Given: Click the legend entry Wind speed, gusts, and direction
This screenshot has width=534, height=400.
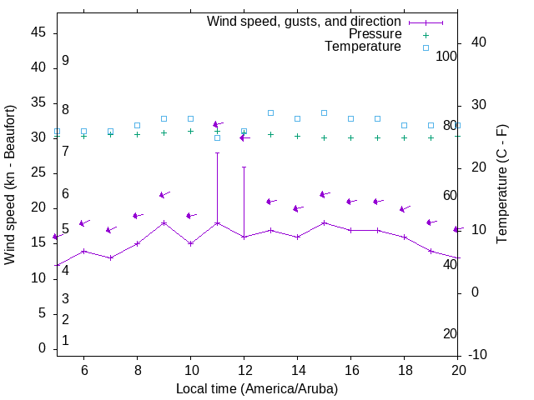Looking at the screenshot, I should tap(304, 22).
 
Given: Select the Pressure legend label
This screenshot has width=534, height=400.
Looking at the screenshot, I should tap(375, 34).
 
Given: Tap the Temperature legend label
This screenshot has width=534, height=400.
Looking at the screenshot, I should tap(363, 47).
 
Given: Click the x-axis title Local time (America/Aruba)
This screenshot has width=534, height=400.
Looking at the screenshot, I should tap(257, 388).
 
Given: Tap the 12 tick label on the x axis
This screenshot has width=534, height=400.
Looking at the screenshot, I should tap(244, 370).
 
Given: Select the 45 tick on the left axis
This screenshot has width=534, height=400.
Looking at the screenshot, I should tap(38, 32).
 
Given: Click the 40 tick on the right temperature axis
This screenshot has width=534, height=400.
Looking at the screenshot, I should tap(479, 42).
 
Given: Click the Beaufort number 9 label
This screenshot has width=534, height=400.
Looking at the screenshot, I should tap(65, 61).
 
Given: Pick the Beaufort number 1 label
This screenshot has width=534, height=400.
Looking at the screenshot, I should tap(65, 341).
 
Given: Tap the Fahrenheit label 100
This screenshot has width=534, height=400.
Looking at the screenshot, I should tap(446, 56).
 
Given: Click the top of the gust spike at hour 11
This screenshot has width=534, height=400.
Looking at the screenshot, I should tap(217, 152).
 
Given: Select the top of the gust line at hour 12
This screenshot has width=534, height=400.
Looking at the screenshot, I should tap(244, 167).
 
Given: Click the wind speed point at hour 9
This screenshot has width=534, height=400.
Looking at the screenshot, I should tap(164, 222).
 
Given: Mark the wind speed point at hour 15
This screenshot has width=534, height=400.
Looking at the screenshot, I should tap(324, 222).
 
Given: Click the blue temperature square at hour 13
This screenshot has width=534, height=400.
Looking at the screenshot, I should tap(270, 112).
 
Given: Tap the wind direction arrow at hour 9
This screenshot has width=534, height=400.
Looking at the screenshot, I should tap(164, 195).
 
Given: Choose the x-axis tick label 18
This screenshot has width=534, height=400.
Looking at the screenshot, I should tap(404, 370).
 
